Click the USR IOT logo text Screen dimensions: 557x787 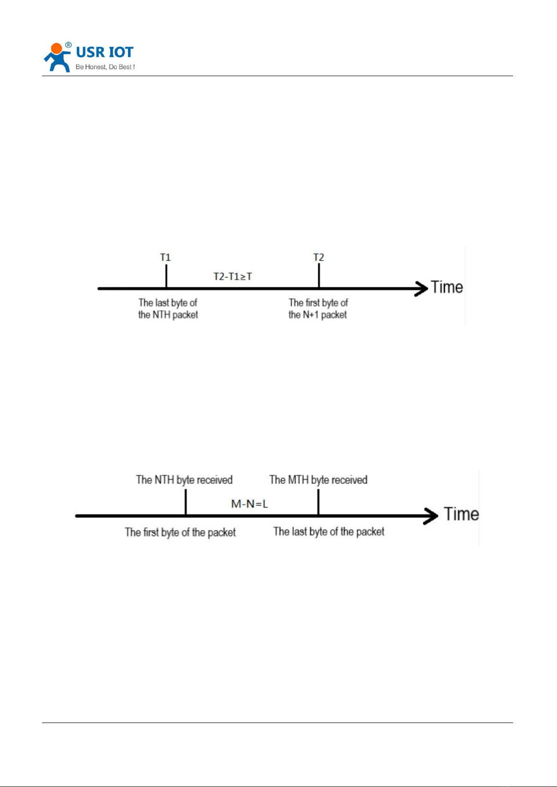pyautogui.click(x=105, y=52)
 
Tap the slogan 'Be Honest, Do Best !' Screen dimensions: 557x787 pyautogui.click(x=105, y=67)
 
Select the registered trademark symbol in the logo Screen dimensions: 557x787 pyautogui.click(x=68, y=45)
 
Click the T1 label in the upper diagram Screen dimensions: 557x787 pyautogui.click(x=165, y=257)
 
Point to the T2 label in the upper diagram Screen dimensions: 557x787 pyautogui.click(x=318, y=257)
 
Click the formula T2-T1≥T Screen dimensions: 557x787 pyautogui.click(x=233, y=277)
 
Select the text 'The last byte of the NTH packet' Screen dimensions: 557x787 pyautogui.click(x=168, y=309)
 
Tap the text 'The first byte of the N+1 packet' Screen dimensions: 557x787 pyautogui.click(x=318, y=309)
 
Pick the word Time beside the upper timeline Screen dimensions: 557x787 pyautogui.click(x=447, y=287)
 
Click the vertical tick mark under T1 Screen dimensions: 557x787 pyautogui.click(x=166, y=276)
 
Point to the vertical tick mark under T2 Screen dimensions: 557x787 pyautogui.click(x=319, y=276)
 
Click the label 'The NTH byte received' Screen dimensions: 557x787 pyautogui.click(x=184, y=480)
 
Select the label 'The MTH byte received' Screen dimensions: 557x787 pyautogui.click(x=318, y=480)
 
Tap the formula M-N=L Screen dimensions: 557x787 pyautogui.click(x=250, y=504)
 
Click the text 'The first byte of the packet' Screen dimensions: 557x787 pyautogui.click(x=180, y=532)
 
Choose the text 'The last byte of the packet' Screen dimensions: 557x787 pyautogui.click(x=329, y=532)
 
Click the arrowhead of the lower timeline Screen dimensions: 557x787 pyautogui.click(x=431, y=516)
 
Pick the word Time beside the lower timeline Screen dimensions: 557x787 pyautogui.click(x=461, y=514)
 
